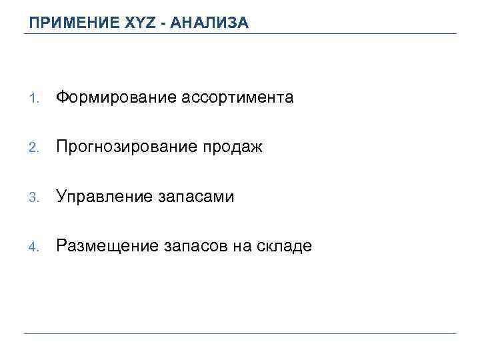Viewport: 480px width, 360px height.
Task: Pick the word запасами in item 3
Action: (x=197, y=197)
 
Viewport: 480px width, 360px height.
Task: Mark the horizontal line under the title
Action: (x=240, y=34)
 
